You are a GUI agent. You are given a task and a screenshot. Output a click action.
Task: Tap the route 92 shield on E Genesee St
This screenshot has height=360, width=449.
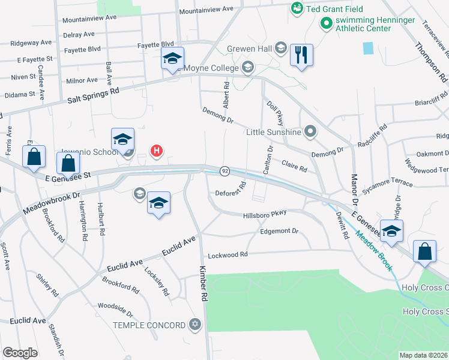(x=224, y=171)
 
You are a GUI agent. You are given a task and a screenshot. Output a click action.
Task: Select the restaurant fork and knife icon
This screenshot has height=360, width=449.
(x=301, y=55)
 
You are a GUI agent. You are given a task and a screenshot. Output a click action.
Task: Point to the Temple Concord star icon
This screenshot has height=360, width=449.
(x=194, y=325)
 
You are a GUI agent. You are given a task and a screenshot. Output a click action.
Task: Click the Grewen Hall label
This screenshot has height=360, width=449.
(x=250, y=49)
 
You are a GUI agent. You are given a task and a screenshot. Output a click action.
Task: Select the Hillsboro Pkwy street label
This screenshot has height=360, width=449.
(x=265, y=214)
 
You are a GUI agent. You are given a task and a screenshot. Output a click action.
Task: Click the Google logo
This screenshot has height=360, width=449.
(x=20, y=352)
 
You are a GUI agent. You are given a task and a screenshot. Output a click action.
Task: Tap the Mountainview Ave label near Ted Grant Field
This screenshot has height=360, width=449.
(x=206, y=10)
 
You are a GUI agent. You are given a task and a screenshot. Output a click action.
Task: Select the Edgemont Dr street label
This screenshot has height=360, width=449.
(x=279, y=231)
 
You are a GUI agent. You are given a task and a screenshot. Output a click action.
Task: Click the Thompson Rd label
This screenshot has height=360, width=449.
(x=431, y=62)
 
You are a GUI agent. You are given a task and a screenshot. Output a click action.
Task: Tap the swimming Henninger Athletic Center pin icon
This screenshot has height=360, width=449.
(x=327, y=24)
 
